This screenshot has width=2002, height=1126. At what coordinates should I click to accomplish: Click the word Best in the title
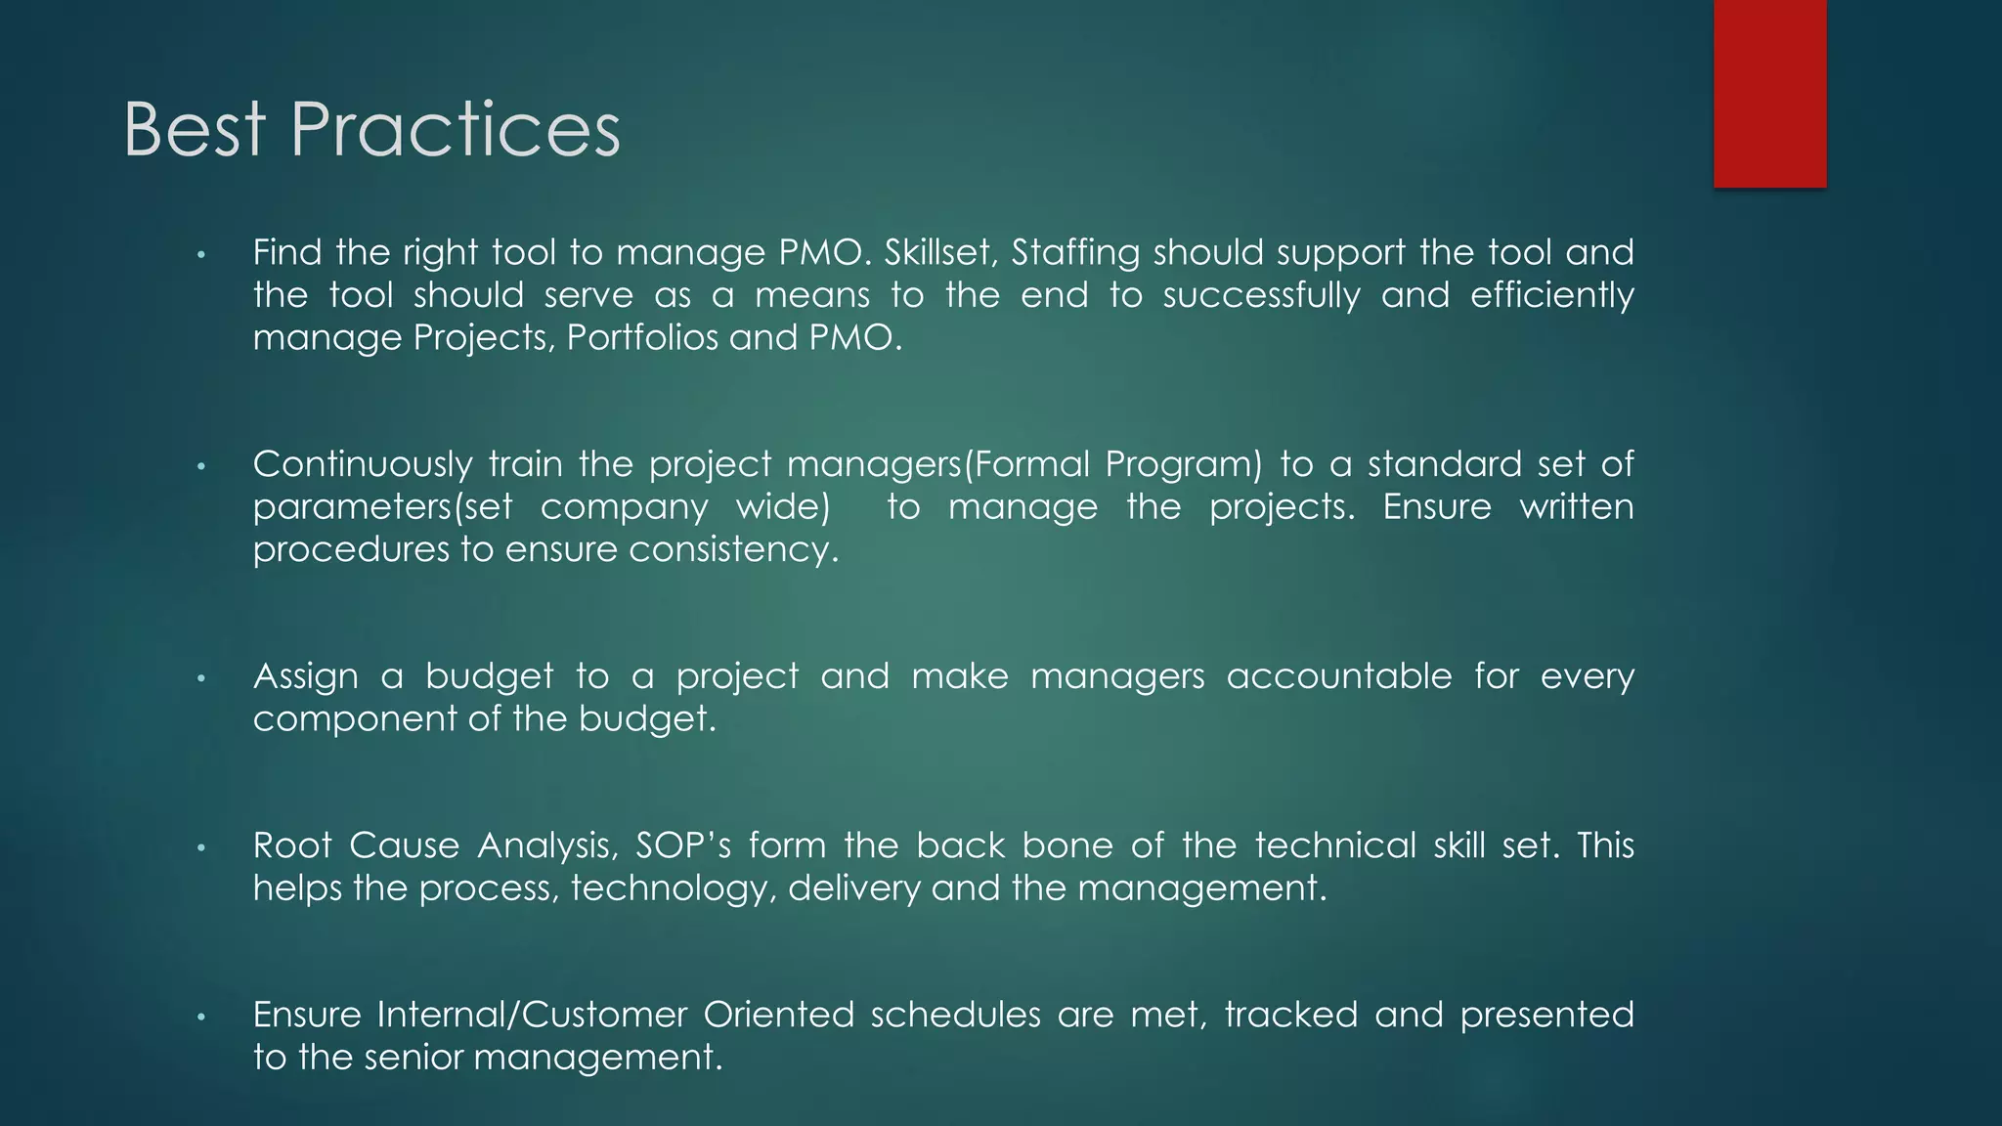coord(195,130)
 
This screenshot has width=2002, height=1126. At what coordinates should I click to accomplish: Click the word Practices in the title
coord(455,130)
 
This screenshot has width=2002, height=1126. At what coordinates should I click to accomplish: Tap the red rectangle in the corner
coord(1769,93)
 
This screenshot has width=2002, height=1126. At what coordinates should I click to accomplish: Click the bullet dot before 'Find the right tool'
coord(200,256)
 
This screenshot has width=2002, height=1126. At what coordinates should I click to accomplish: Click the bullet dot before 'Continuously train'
coord(200,467)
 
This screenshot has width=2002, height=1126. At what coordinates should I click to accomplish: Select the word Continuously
coord(362,464)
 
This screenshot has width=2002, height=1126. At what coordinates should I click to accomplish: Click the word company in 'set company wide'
coord(624,507)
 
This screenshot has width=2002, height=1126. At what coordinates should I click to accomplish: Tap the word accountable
coord(1339,676)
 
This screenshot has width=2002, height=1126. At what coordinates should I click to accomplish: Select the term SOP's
coord(682,845)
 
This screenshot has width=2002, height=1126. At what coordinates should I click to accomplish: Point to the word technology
coord(673,888)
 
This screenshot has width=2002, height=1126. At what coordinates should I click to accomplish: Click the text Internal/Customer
coord(532,1015)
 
